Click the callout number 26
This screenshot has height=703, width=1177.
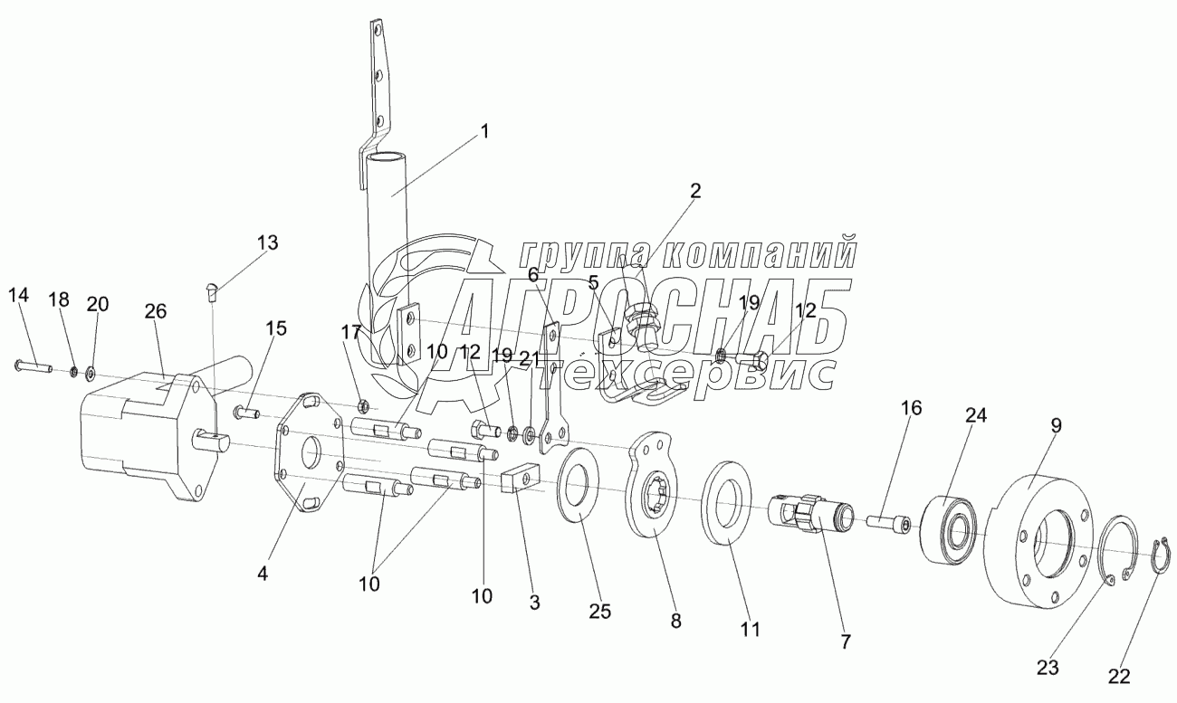(155, 312)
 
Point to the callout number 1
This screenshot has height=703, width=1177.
(484, 130)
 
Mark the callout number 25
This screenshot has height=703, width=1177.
(599, 611)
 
